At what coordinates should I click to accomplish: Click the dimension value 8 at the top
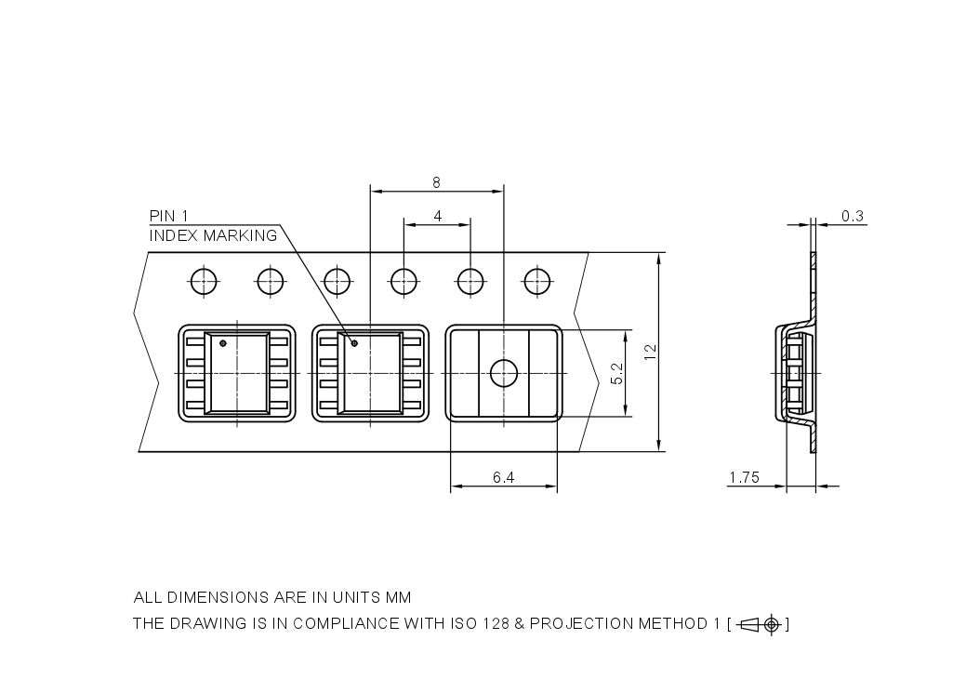coord(436,182)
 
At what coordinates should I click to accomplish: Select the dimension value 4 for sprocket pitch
coord(437,216)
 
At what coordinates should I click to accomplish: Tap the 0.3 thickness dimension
coord(852,216)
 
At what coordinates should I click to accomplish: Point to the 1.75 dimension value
coord(744,478)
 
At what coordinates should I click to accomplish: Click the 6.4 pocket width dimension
coord(503,478)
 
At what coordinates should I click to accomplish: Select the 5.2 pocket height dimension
coord(615,374)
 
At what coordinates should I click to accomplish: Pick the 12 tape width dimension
coord(650,352)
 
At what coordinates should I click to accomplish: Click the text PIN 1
coord(169,216)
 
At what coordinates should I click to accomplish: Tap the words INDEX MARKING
coord(213,235)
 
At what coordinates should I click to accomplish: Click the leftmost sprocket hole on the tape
coord(203,280)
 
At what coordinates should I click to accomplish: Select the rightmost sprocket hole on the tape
coord(536,280)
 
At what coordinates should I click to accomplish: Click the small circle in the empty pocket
coord(503,374)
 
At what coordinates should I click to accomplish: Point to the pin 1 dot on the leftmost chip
coord(222,343)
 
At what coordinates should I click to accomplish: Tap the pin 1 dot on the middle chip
coord(353,343)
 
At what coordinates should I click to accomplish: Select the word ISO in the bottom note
coord(456,624)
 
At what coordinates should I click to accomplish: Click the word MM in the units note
coord(398,597)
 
